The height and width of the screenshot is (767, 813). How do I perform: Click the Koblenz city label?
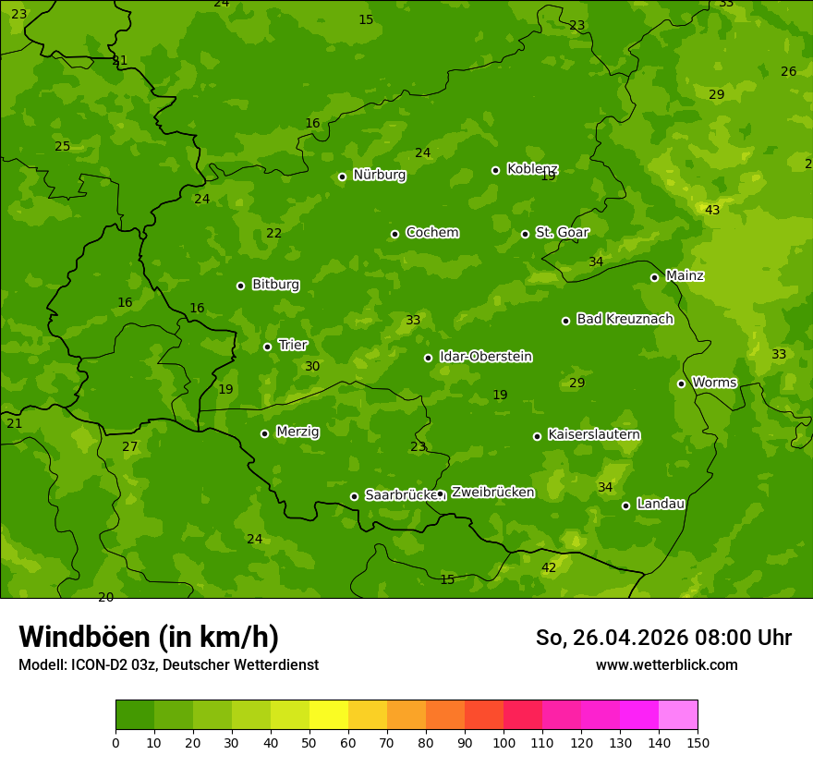(x=532, y=169)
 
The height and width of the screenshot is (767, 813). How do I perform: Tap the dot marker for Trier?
(x=268, y=347)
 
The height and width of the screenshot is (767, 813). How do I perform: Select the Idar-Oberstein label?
(x=485, y=357)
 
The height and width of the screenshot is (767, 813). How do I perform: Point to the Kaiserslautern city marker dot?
(x=537, y=436)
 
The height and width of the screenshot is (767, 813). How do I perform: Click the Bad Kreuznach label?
(x=625, y=319)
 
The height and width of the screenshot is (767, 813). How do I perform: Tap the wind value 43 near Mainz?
(x=712, y=211)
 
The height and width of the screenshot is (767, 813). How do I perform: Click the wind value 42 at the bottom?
(x=549, y=567)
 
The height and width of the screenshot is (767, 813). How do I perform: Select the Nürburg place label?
(x=379, y=175)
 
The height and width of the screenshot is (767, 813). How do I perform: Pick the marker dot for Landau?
(x=625, y=505)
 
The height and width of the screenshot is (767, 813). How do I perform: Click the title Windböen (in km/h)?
(x=149, y=637)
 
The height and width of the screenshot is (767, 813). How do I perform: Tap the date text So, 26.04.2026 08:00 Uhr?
(x=663, y=638)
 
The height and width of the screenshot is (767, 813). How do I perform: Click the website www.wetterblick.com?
(x=666, y=664)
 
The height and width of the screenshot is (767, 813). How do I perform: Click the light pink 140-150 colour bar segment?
(x=678, y=715)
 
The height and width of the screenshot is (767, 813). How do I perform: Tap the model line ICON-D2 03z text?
(x=168, y=664)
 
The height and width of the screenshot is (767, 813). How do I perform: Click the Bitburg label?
(x=275, y=285)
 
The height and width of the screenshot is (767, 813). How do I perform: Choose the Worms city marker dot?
(x=681, y=383)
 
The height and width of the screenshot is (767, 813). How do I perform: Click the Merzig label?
(x=297, y=432)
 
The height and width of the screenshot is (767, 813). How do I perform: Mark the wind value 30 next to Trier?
(x=312, y=367)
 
